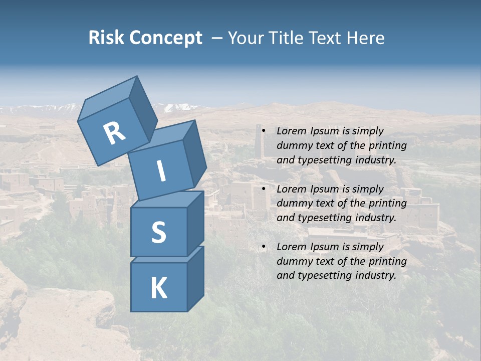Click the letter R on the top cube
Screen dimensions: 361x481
114,133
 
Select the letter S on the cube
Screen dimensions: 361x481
158,232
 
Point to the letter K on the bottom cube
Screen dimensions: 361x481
158,288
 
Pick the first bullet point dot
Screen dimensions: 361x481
264,131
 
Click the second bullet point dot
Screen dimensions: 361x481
264,189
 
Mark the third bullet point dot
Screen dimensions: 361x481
264,247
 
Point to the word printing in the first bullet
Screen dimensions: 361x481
388,146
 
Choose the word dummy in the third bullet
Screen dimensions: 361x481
293,261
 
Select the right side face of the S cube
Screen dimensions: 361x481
195,223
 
